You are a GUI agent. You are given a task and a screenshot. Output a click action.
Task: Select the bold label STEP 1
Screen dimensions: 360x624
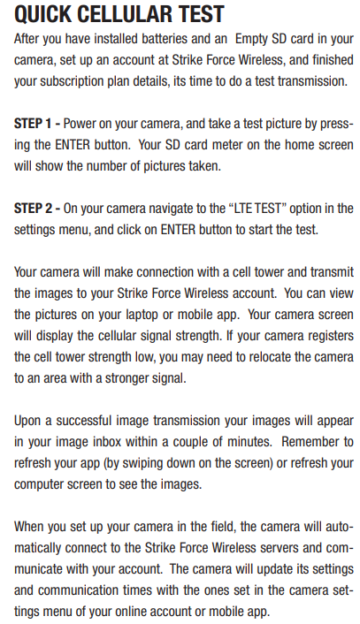pos(33,124)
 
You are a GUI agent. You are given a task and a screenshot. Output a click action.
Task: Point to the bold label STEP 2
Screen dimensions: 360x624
pos(33,208)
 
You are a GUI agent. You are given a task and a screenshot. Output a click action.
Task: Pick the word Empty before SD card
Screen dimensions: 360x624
pos(251,39)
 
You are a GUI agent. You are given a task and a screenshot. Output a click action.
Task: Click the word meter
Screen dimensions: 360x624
pos(223,144)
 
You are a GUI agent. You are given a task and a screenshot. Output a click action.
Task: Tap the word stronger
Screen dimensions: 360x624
pos(126,378)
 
